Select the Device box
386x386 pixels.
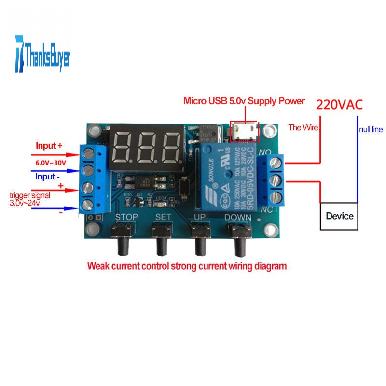pyautogui.click(x=339, y=216)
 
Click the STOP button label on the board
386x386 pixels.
pyautogui.click(x=126, y=217)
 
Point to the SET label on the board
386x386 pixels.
pyautogui.click(x=163, y=217)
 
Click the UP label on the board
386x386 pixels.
pyautogui.click(x=200, y=217)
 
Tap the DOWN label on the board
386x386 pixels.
pyautogui.click(x=238, y=217)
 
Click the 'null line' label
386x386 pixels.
pyautogui.click(x=371, y=129)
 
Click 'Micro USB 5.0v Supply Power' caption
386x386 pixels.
pyautogui.click(x=244, y=101)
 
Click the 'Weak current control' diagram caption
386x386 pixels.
pyautogui.click(x=187, y=266)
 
